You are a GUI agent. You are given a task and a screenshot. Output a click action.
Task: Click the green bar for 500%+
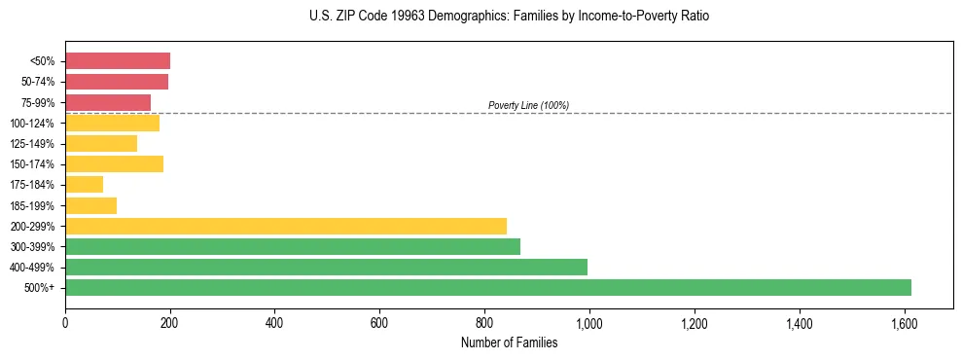(487, 287)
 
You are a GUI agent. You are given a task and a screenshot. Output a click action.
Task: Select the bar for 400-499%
(326, 267)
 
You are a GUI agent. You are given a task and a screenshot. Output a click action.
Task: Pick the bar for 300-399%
(293, 246)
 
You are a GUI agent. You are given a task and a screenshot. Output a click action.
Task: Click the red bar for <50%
(118, 61)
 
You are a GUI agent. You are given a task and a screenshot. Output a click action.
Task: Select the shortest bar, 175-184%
(84, 185)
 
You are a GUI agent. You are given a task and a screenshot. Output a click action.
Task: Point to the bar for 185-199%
(90, 205)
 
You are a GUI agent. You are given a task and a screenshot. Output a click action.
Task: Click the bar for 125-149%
(101, 143)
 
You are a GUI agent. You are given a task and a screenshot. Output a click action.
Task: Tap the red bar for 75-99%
(108, 102)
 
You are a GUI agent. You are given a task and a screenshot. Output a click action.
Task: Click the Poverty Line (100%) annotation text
(528, 105)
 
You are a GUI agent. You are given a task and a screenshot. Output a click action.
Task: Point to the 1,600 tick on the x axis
(904, 322)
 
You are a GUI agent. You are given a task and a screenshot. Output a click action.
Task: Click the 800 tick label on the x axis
(484, 322)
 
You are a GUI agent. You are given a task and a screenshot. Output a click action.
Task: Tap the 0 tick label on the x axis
(65, 322)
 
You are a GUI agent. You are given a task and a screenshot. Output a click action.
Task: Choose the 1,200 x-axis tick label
(694, 322)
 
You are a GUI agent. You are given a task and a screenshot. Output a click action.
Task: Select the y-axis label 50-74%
(37, 82)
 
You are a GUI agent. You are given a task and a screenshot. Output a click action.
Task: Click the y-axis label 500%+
(41, 288)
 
